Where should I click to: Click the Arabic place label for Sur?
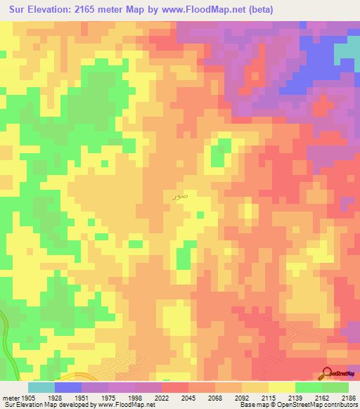[181, 197]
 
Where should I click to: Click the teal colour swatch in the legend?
[41, 387]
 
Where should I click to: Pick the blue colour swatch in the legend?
[68, 387]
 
